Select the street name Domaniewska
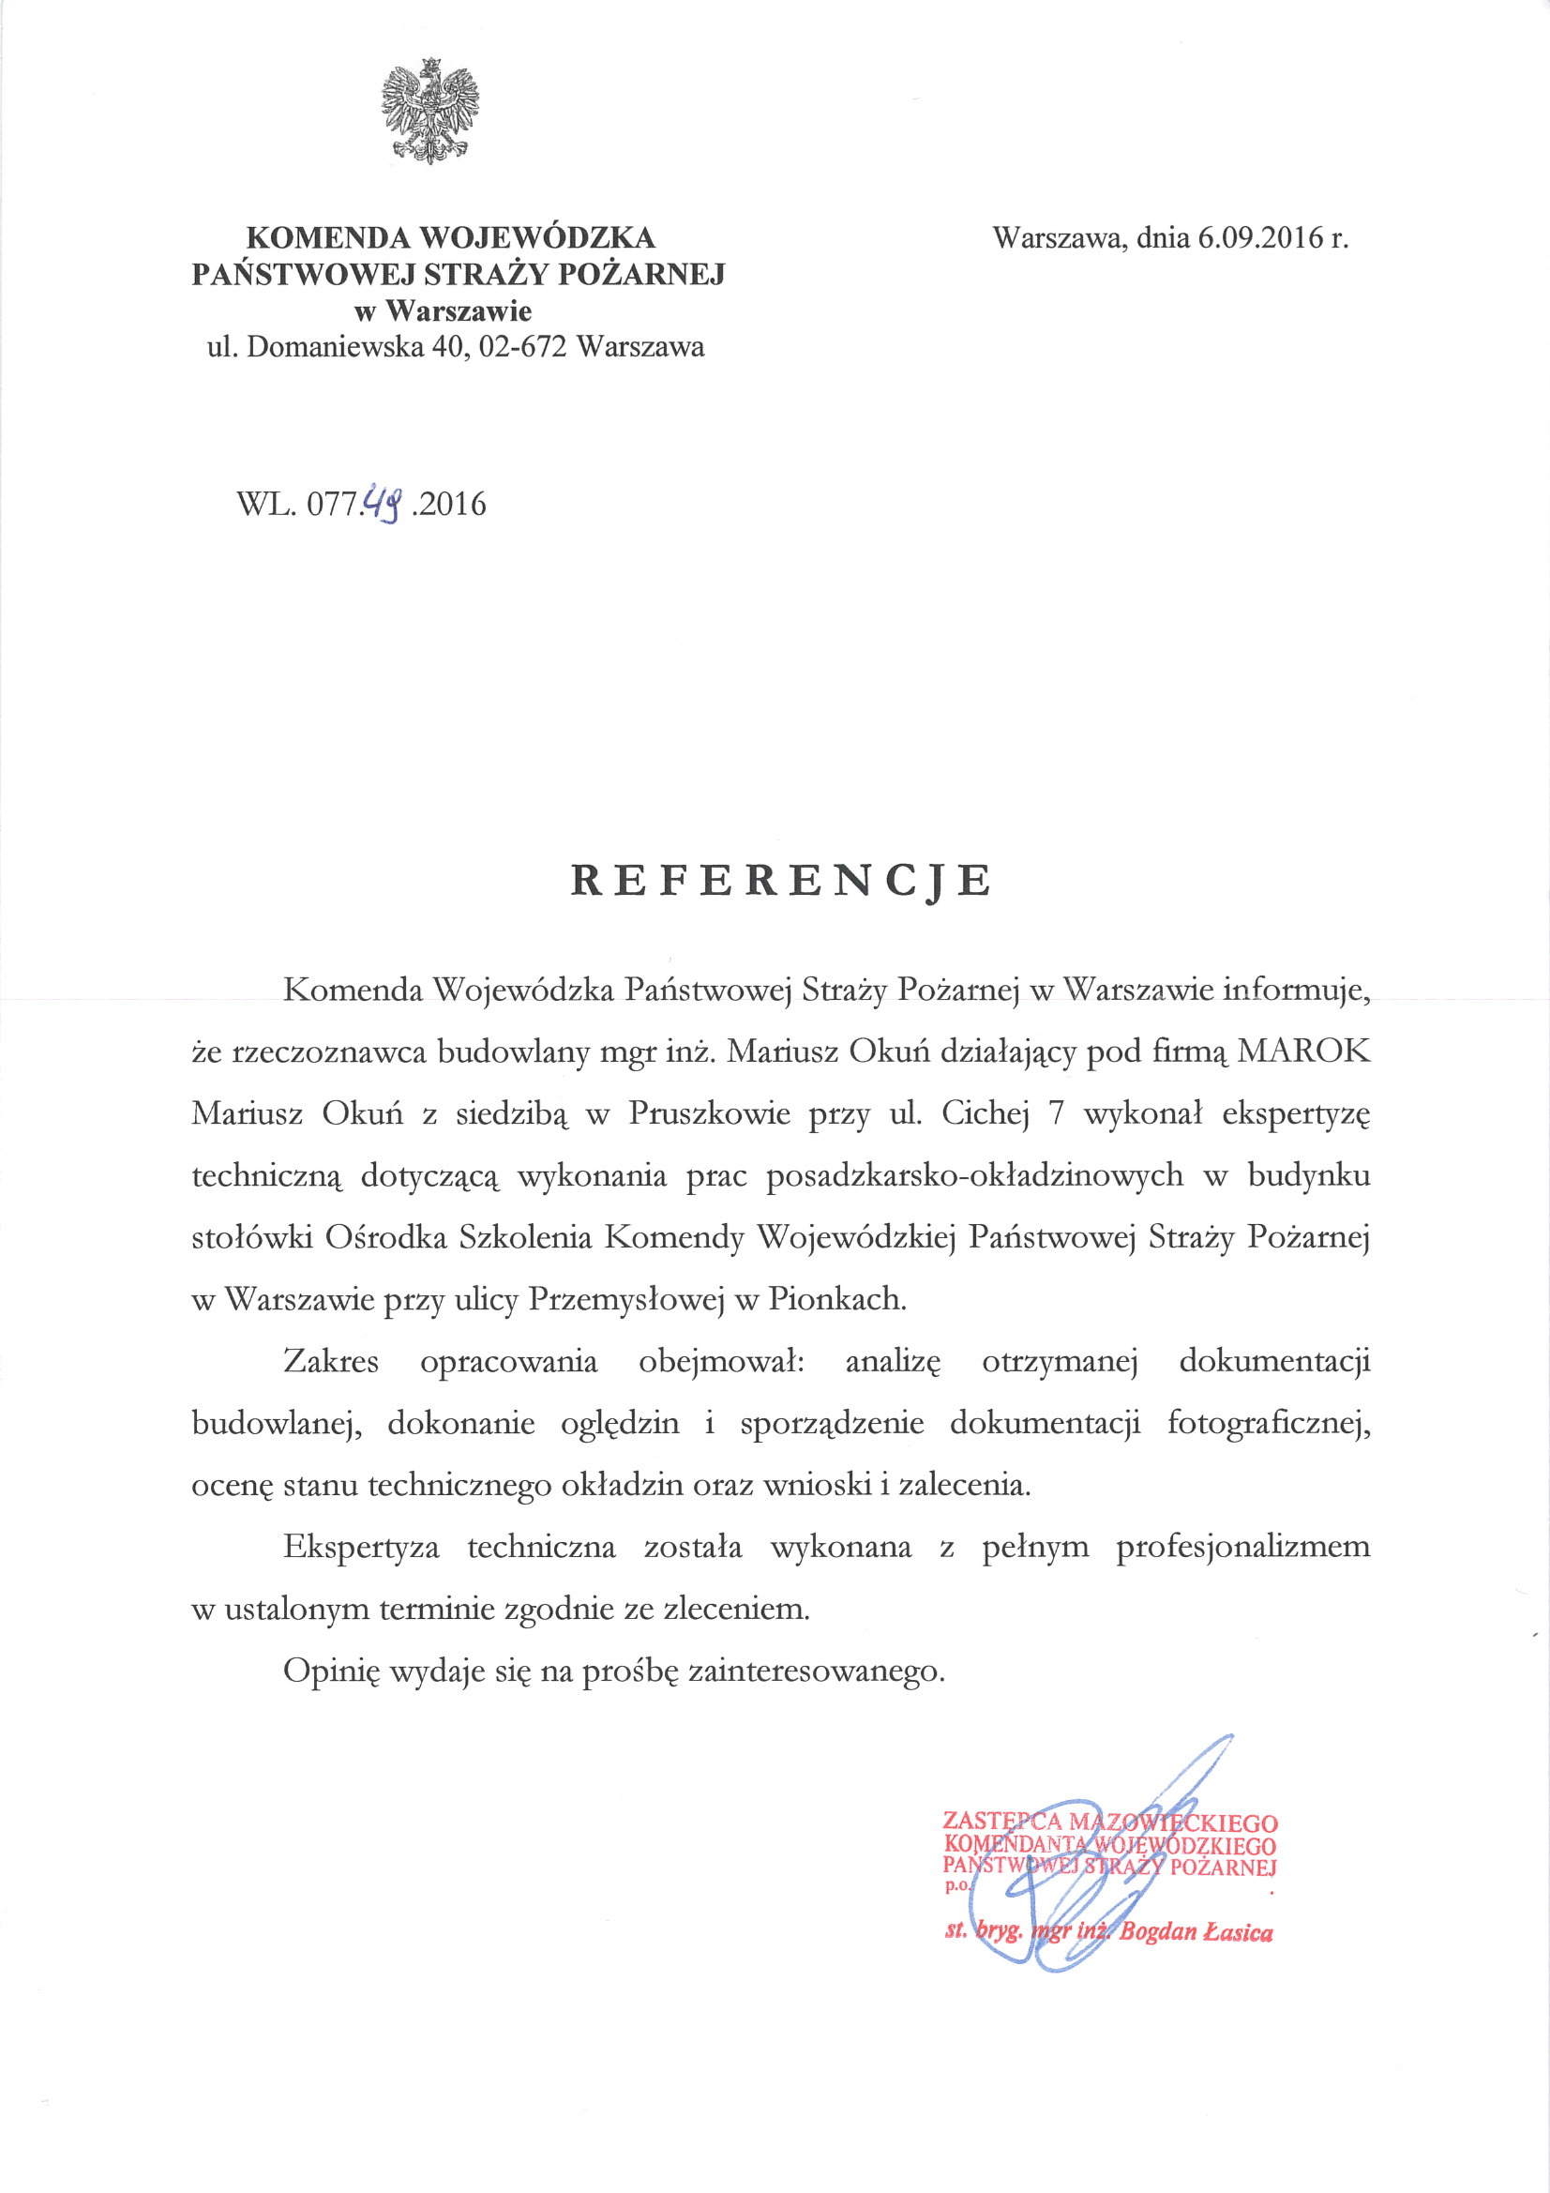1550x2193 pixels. click(334, 347)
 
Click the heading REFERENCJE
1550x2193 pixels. click(781, 880)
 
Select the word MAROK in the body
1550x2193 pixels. click(1303, 1051)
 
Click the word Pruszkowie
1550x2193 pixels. click(709, 1113)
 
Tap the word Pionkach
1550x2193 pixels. click(836, 1299)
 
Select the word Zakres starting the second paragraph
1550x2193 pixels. click(330, 1361)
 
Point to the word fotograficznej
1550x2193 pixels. click(1269, 1423)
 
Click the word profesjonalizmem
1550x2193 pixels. click(1242, 1547)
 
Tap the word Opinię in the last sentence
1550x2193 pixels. click(331, 1671)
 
